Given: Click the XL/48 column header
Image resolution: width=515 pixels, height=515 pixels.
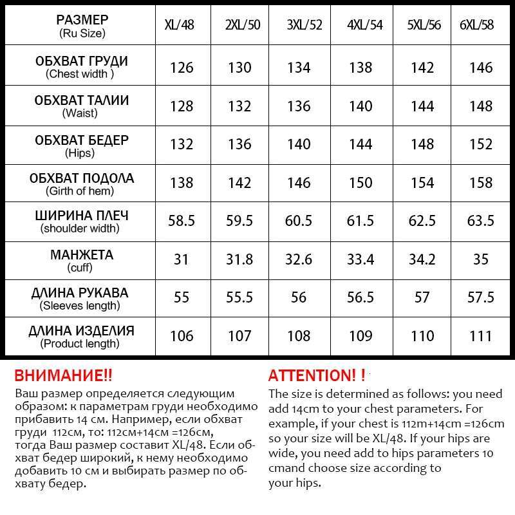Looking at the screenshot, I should coord(181,25).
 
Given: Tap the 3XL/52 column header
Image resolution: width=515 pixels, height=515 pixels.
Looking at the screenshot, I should coord(299,25).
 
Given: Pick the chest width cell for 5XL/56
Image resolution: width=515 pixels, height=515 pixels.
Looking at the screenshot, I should coord(422,68).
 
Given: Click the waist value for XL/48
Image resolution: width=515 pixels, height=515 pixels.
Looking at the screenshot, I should coord(182,106).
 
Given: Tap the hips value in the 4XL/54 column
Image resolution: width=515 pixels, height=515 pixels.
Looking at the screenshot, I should coord(360,144).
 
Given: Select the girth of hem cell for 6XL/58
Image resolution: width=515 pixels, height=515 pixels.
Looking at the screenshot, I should coord(481,183).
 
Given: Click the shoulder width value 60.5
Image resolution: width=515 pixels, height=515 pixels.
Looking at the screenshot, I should coord(299,221).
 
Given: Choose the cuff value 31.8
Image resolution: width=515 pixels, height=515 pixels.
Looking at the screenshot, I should coord(239,259).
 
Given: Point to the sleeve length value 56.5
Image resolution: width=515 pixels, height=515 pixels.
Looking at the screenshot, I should coord(360,298).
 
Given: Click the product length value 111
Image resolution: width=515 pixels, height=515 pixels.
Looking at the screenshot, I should coord(481,336).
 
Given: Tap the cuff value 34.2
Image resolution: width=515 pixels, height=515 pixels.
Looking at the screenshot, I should coord(422,259).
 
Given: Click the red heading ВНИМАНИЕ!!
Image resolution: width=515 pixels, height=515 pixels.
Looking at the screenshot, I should coord(62,375).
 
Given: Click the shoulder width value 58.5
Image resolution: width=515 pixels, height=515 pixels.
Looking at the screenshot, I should coord(182,221).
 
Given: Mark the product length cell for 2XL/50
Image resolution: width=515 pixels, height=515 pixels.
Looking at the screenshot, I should coord(239,336).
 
